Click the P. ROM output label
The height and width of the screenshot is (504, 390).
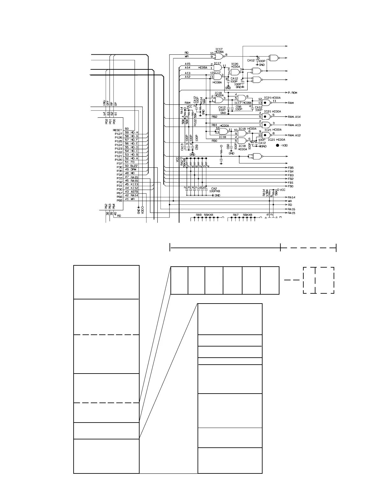(292, 93)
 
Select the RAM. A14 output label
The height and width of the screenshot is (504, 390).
(294, 117)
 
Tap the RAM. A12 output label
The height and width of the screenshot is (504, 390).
(294, 135)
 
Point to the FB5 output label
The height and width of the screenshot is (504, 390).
(290, 168)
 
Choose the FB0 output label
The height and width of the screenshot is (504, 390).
(290, 186)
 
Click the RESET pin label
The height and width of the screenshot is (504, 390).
(117, 130)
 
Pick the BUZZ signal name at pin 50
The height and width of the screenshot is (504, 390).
(134, 166)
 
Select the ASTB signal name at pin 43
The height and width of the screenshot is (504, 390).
(134, 192)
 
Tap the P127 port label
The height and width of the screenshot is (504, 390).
(118, 134)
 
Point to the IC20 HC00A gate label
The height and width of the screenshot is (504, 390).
(235, 65)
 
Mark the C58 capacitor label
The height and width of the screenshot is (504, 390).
(239, 107)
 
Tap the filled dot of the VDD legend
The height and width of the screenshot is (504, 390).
(278, 145)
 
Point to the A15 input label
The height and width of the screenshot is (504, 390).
(187, 64)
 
